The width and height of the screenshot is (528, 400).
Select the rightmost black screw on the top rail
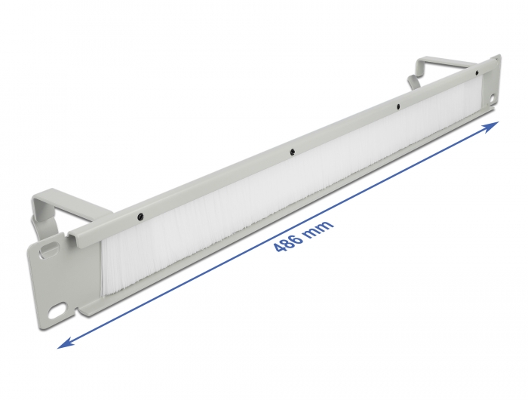tap(476, 73)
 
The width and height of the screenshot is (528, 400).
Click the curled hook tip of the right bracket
tap(412, 78)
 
